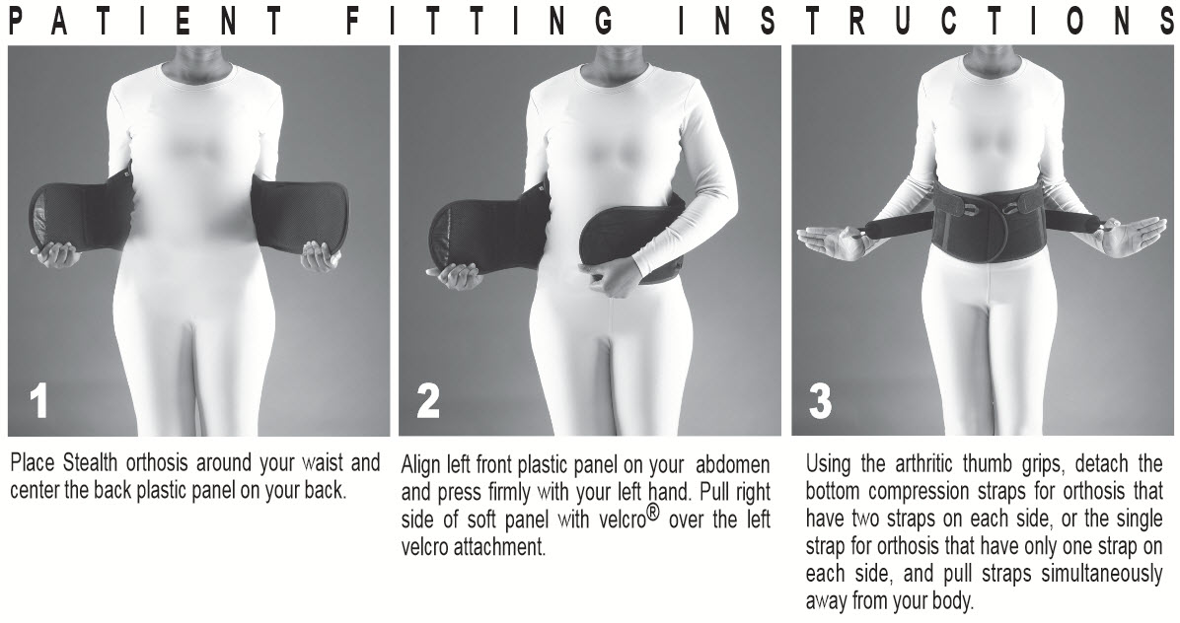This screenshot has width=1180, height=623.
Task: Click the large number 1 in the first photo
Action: click(38, 401)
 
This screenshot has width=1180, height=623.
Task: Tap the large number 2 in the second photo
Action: click(428, 401)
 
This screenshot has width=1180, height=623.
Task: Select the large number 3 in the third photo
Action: click(821, 401)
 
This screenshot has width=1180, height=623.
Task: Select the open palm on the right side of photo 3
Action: click(1135, 236)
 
